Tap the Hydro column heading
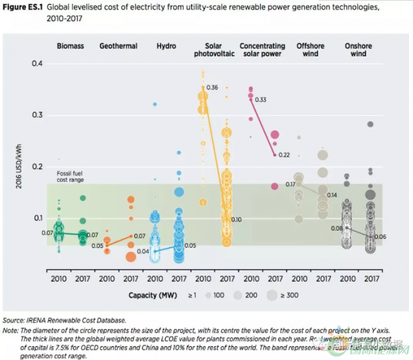point(165,46)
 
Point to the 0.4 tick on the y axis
point(37,64)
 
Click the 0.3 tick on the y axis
point(37,116)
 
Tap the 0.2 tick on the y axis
point(37,167)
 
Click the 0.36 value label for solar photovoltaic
point(212,87)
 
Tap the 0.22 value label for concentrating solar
point(284,155)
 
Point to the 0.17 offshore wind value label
point(290,184)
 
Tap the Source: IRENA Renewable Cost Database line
point(65,320)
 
